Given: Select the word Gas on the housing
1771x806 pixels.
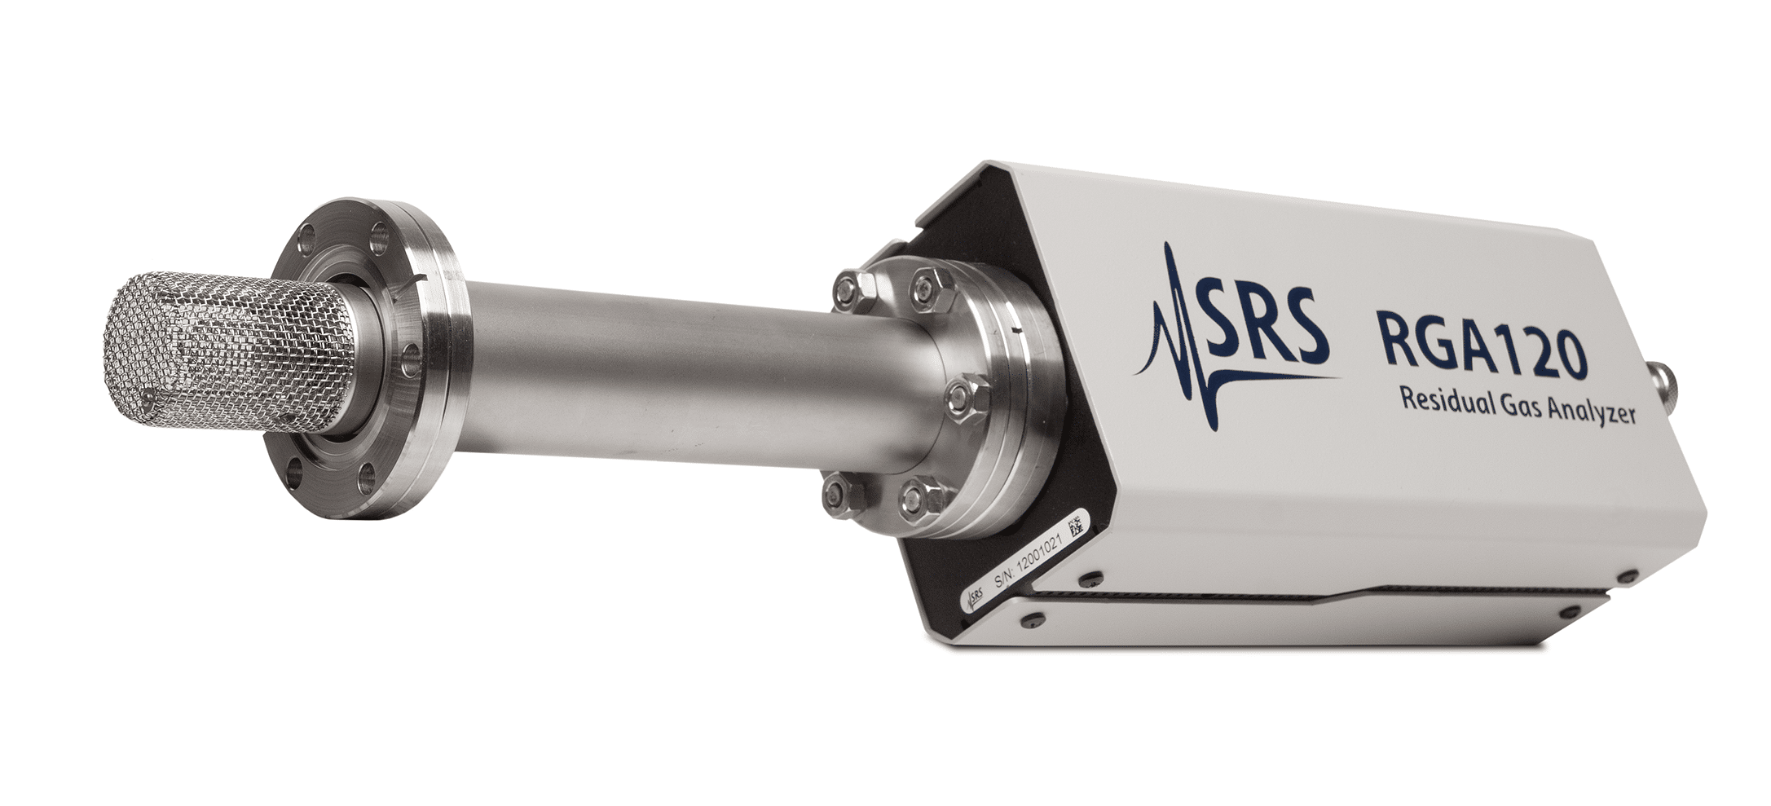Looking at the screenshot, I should pyautogui.click(x=1529, y=407).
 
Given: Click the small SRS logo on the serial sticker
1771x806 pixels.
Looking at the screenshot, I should pyautogui.click(x=975, y=600).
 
